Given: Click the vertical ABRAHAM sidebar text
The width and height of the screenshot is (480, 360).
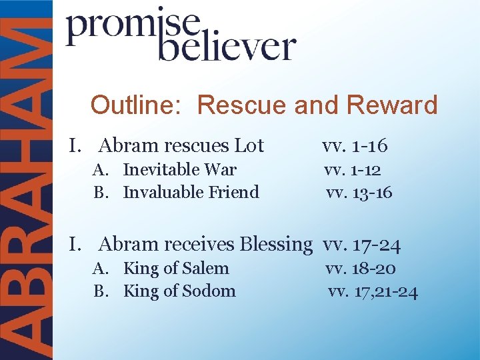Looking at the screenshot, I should (x=27, y=180).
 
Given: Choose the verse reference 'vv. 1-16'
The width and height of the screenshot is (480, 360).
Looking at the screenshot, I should (x=354, y=145).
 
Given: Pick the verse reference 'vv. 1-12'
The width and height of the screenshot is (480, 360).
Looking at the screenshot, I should (x=353, y=170).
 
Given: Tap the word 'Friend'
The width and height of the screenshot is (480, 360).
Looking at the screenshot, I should (x=234, y=192).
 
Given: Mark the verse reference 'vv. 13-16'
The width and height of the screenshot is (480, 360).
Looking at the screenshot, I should (x=359, y=193).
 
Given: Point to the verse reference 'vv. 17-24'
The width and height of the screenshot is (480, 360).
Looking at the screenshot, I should (x=361, y=245).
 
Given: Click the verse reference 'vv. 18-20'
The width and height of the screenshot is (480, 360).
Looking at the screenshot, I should (x=361, y=269).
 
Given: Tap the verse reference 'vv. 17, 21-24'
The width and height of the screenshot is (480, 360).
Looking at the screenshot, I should (x=373, y=291).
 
